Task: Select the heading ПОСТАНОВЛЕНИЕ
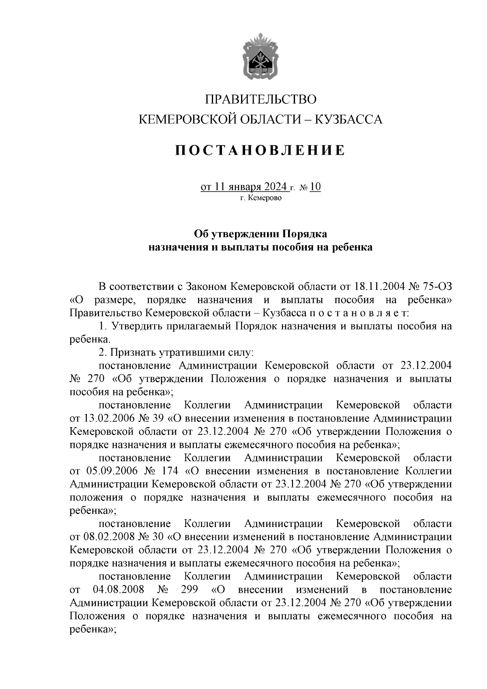(260, 150)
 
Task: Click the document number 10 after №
(315, 187)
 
